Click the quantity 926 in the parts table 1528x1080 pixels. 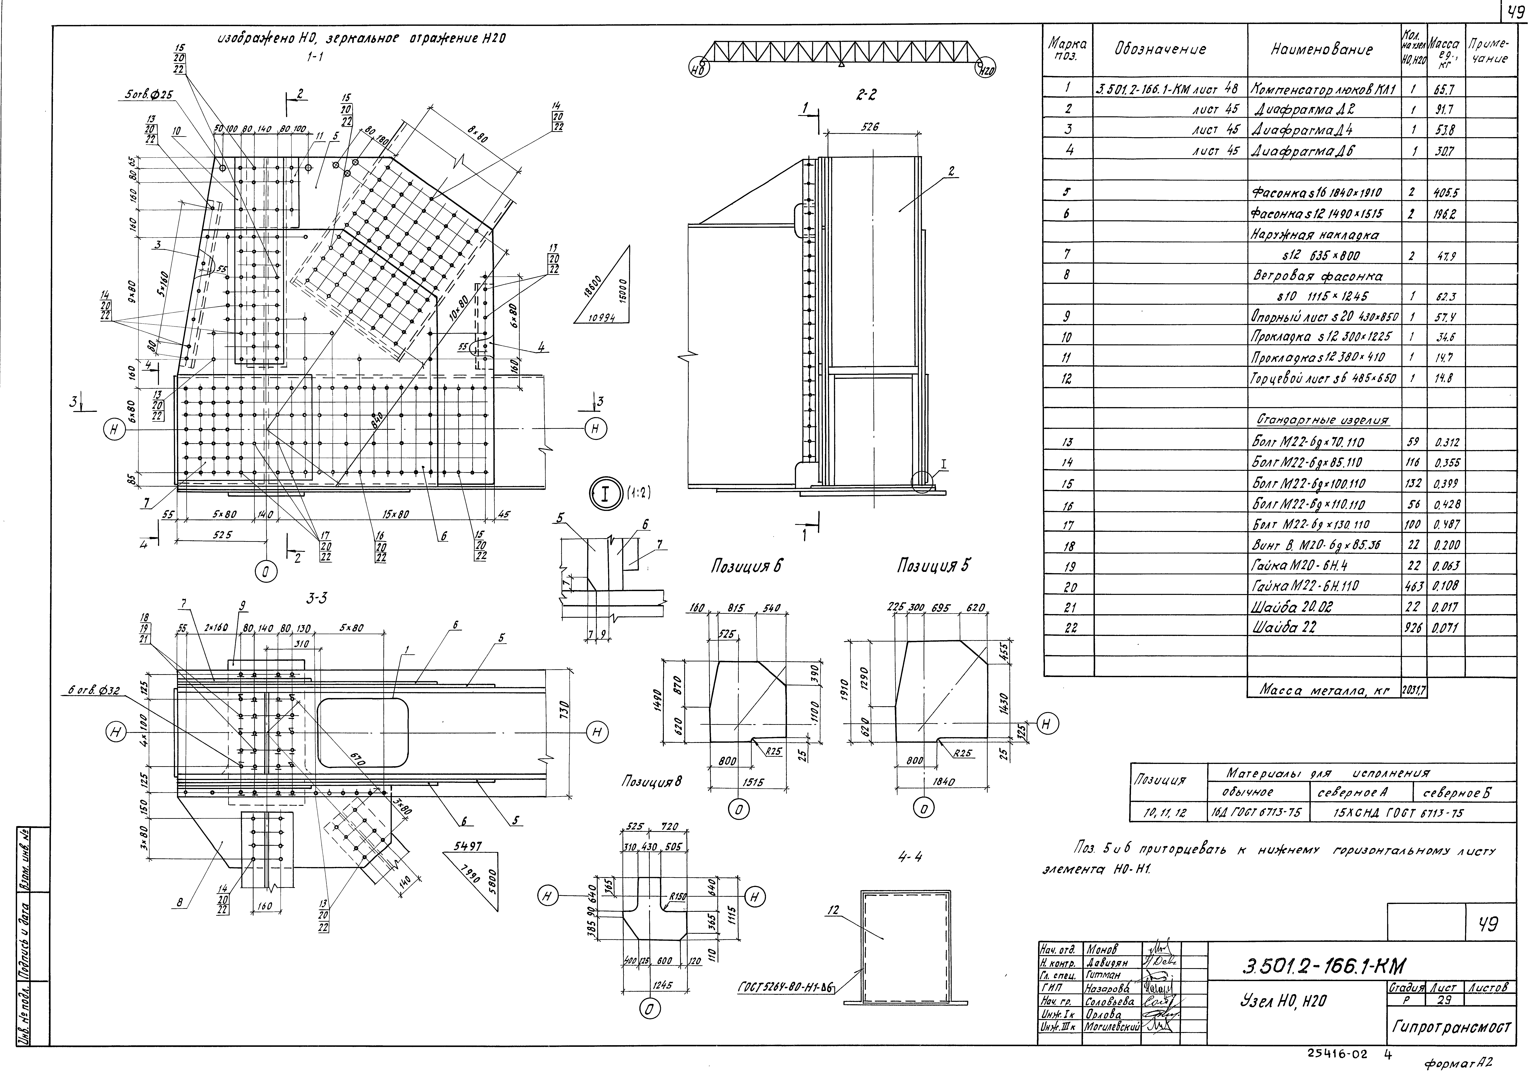pyautogui.click(x=1414, y=627)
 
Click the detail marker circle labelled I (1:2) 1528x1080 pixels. pyautogui.click(x=606, y=494)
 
